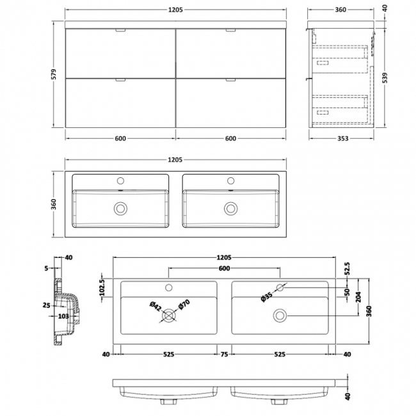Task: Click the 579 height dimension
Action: pos(57,74)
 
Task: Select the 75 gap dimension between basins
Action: pos(224,353)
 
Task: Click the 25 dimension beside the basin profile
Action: pos(47,305)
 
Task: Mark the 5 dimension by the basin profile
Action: pos(47,269)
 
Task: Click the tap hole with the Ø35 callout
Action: pos(280,287)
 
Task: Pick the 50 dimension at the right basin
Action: pos(347,292)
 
